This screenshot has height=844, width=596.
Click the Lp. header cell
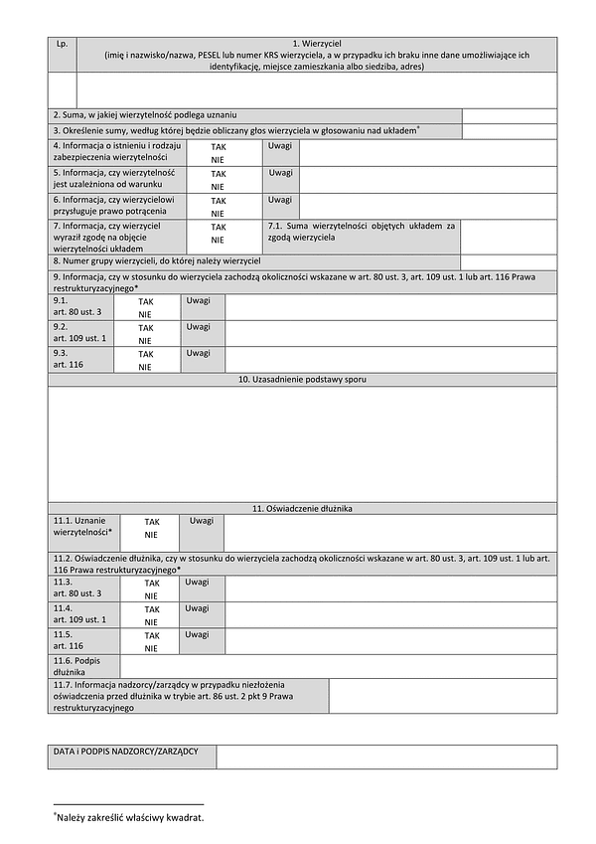pyautogui.click(x=62, y=45)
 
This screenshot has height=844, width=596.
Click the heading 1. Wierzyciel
pyautogui.click(x=317, y=45)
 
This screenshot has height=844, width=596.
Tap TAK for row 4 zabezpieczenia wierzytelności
pyautogui.click(x=218, y=146)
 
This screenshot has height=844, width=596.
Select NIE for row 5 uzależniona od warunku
pyautogui.click(x=218, y=186)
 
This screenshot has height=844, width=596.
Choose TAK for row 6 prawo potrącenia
pyautogui.click(x=218, y=201)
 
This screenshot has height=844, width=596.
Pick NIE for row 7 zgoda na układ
pyautogui.click(x=218, y=240)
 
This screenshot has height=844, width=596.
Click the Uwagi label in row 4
pyautogui.click(x=280, y=145)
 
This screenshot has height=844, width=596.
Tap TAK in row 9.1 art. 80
pyautogui.click(x=145, y=300)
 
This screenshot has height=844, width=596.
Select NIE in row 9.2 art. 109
pyautogui.click(x=145, y=341)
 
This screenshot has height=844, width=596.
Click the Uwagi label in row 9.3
pyautogui.click(x=198, y=353)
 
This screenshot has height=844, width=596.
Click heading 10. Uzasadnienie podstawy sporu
pyautogui.click(x=302, y=380)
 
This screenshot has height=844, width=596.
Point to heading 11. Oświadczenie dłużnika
pyautogui.click(x=302, y=508)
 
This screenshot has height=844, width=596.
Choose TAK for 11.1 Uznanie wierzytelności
pyautogui.click(x=151, y=521)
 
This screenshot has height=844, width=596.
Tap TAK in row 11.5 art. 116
pyautogui.click(x=151, y=635)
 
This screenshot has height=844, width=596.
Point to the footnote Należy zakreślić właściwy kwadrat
pyautogui.click(x=130, y=817)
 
